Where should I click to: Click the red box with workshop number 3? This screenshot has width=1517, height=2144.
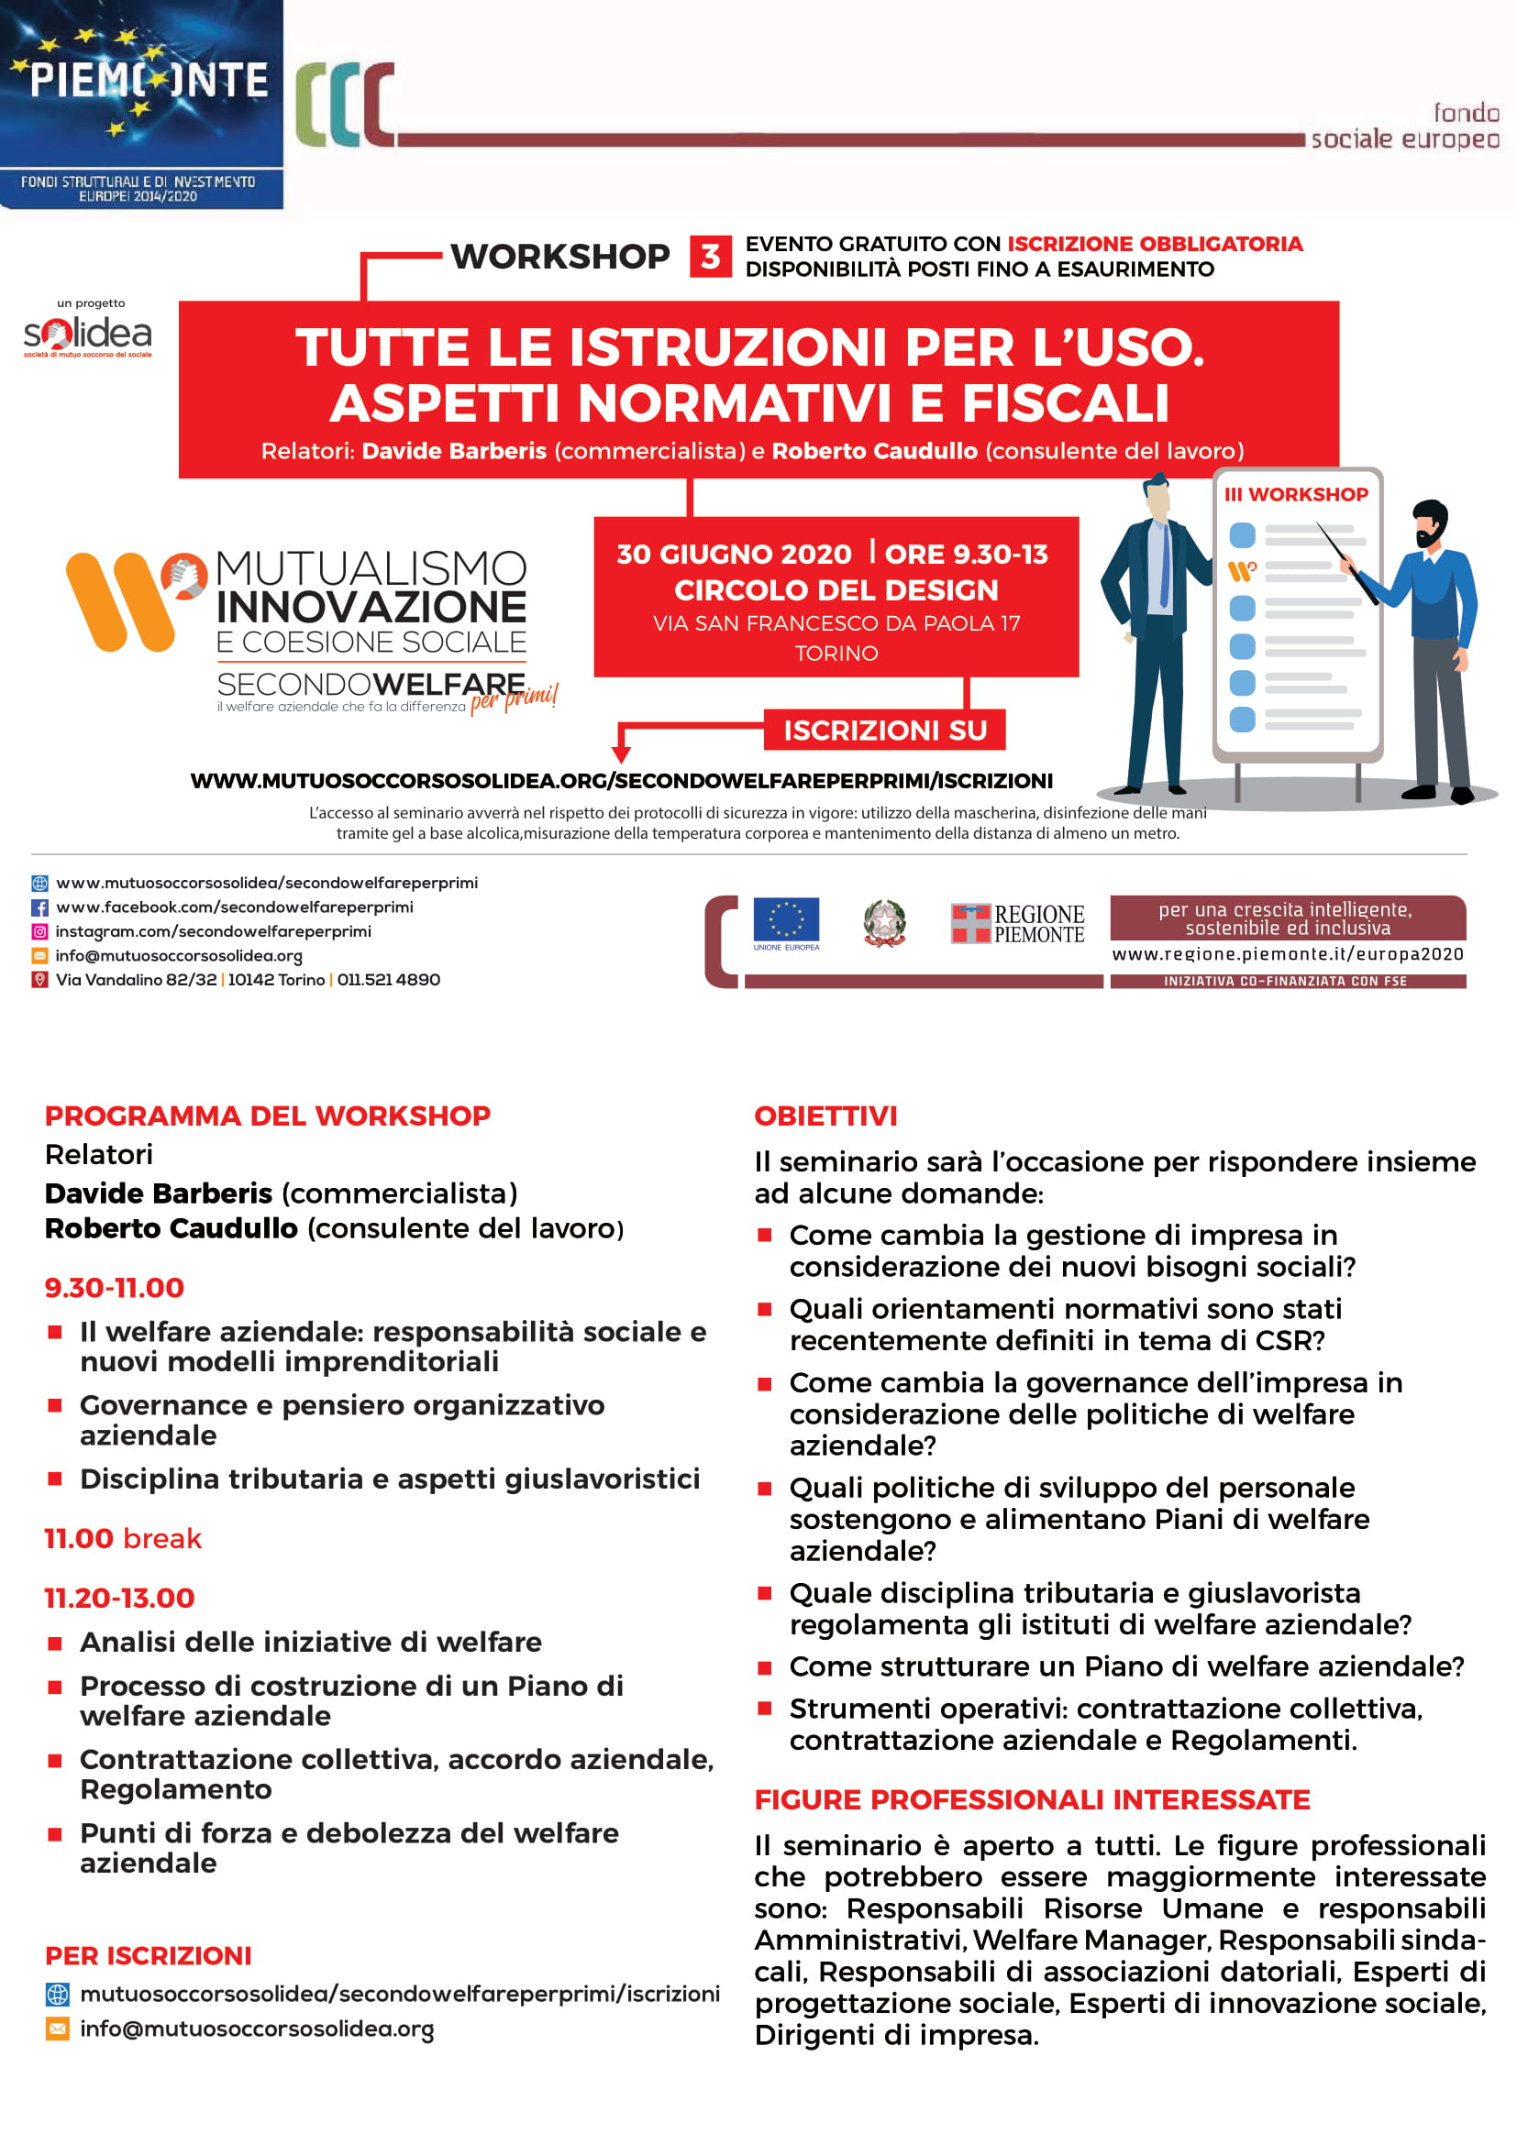pos(710,256)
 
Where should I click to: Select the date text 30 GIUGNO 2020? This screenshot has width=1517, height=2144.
pos(734,554)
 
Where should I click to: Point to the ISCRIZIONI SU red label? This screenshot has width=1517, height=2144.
pos(883,731)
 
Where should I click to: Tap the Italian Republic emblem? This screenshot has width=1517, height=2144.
pos(883,923)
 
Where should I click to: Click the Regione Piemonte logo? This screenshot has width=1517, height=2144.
pos(1017,924)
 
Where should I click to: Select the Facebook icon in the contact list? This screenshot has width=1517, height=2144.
pos(40,907)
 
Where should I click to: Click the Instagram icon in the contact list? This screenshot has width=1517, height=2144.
pos(40,932)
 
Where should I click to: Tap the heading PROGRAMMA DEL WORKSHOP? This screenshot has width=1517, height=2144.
pos(267,1116)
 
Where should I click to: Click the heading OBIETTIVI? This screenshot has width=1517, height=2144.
pos(825,1116)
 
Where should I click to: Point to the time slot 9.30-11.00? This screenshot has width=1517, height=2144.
pos(114,1288)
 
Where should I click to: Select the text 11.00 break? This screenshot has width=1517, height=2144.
pos(122,1538)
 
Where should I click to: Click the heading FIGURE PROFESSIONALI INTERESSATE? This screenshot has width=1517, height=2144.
pos(1031,1799)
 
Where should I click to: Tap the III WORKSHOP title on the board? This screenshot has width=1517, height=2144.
pos(1296,495)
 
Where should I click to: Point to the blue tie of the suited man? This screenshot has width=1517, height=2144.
pos(1164,564)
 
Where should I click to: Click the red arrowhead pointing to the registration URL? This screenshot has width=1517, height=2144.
pos(620,754)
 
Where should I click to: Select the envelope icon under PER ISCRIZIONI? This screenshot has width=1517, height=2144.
pos(58,2029)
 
